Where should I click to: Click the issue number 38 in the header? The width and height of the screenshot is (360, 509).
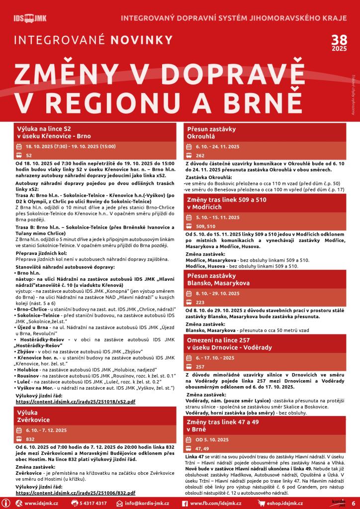(339, 42)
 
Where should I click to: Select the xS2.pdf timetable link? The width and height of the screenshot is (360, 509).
(75, 401)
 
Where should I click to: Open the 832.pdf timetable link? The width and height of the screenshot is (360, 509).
(75, 493)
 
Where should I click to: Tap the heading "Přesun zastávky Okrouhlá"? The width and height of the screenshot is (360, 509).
(204, 131)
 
